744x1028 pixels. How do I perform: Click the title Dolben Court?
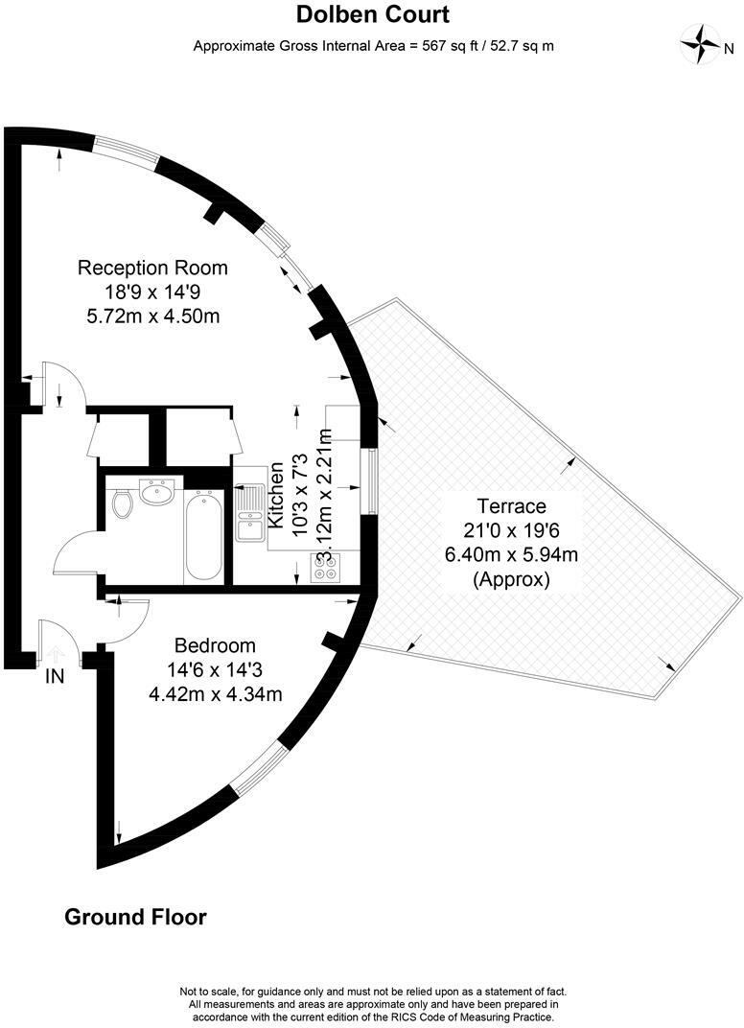coord(371,15)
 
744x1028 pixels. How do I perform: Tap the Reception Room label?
coord(152,268)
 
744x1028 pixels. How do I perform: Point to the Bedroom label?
coord(215,644)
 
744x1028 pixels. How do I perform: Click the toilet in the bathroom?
coord(122,504)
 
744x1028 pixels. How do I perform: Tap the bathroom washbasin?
coord(156,492)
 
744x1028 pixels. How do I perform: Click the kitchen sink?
coord(251,513)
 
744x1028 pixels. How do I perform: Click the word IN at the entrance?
coord(55,676)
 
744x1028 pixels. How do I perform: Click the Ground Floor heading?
coord(135,917)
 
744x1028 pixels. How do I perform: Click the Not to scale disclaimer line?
coord(373,991)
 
